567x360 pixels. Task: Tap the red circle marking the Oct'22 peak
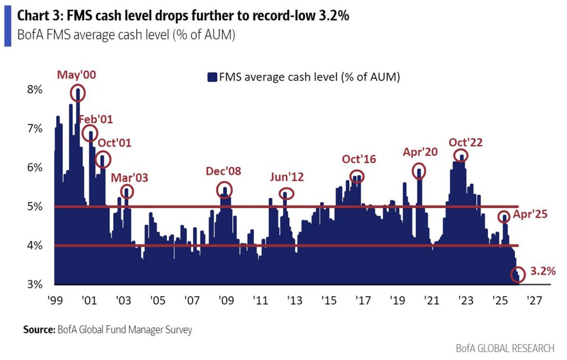(461, 155)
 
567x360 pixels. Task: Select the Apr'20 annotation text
(420, 152)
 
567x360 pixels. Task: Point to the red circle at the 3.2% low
(518, 274)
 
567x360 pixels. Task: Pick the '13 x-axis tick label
(294, 300)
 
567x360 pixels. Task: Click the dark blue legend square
(212, 77)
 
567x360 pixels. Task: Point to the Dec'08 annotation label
(223, 171)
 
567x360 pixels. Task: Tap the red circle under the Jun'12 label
(286, 193)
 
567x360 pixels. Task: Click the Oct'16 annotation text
(359, 159)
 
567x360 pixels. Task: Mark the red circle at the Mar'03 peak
(127, 191)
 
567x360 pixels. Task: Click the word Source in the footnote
(39, 330)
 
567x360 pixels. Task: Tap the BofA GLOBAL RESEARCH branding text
(505, 349)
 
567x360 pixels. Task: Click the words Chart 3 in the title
(39, 17)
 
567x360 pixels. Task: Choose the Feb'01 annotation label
(95, 119)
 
